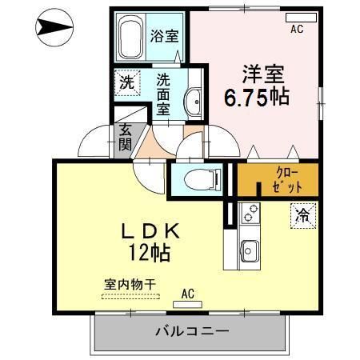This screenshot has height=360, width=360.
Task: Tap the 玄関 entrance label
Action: (x=126, y=138)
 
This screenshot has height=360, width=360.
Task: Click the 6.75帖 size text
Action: (x=255, y=98)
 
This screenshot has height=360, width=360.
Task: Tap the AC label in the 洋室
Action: (x=296, y=30)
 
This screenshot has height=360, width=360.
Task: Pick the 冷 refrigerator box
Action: (x=303, y=214)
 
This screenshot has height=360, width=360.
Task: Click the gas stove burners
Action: (x=250, y=214)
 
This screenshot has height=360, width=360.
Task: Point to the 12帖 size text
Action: (x=150, y=255)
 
